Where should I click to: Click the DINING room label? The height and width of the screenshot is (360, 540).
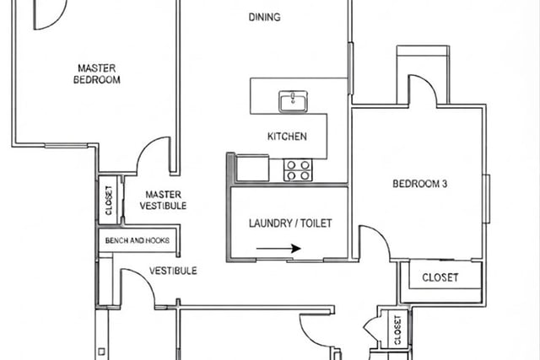pyautogui.click(x=264, y=17)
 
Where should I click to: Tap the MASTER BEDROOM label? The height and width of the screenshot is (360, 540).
pyautogui.click(x=97, y=73)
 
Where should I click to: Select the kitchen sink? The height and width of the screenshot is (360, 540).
pyautogui.click(x=293, y=101)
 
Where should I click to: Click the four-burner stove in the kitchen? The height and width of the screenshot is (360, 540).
pyautogui.click(x=298, y=170)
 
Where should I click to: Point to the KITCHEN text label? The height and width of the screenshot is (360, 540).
pyautogui.click(x=287, y=137)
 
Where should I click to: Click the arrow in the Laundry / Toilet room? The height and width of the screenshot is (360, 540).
pyautogui.click(x=278, y=248)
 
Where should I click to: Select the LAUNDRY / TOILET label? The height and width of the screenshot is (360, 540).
pyautogui.click(x=290, y=223)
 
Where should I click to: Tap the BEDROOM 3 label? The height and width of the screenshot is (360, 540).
pyautogui.click(x=420, y=184)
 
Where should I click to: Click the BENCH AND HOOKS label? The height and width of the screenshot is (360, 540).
pyautogui.click(x=137, y=240)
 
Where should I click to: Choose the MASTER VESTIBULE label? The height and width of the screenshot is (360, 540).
pyautogui.click(x=163, y=200)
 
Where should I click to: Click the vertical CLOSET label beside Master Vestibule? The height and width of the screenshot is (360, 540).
pyautogui.click(x=109, y=201)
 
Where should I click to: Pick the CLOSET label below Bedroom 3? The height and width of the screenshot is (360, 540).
pyautogui.click(x=440, y=277)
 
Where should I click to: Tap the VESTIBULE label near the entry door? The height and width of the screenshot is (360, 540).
pyautogui.click(x=173, y=271)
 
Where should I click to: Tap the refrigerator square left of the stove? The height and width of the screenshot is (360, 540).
pyautogui.click(x=252, y=168)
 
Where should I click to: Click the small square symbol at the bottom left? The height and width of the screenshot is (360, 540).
pyautogui.click(x=101, y=352)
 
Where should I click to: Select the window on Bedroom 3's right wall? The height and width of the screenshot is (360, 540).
pyautogui.click(x=486, y=199)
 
